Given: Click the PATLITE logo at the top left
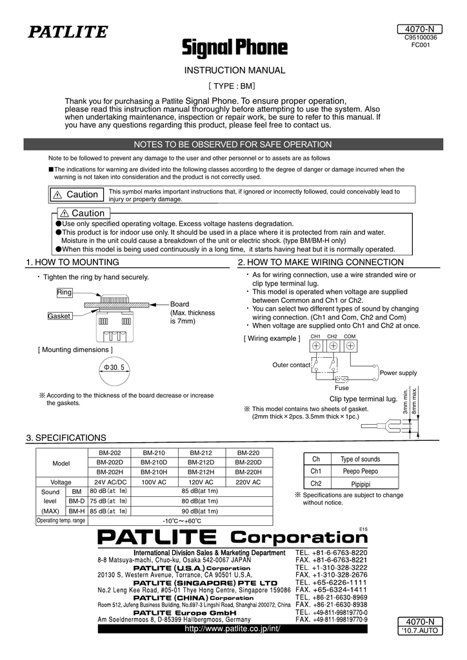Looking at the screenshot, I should pos(66,31).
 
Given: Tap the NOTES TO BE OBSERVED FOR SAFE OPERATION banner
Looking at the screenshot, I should pos(233,144).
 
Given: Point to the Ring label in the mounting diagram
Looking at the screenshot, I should pos(65,293).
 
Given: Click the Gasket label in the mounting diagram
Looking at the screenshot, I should pos(59,316).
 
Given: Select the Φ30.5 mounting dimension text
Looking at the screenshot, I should pos(114,367).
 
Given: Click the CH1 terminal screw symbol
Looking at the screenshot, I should pos(316,345).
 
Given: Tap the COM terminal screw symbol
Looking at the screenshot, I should pos(350,345).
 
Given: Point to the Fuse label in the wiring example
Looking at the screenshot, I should pos(342,388).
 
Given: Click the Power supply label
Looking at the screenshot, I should pos(398,373).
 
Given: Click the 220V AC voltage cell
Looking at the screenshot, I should pos(248,481).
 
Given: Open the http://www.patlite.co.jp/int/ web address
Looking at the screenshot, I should pos(234,628).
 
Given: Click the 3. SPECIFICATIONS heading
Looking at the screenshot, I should pos(66,438).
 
